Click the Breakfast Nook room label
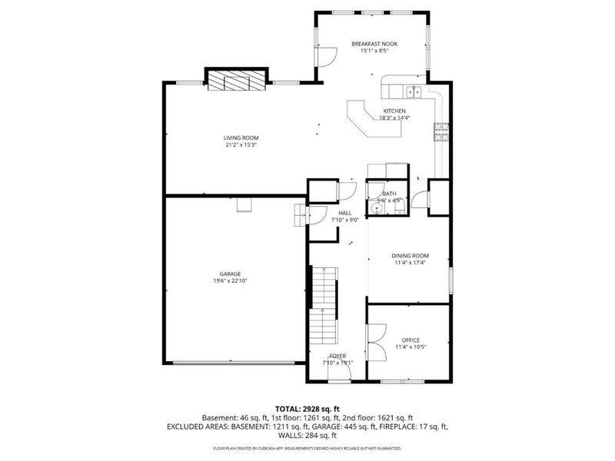pyautogui.click(x=372, y=45)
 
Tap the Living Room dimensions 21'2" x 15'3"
pyautogui.click(x=241, y=144)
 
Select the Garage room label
pyautogui.click(x=230, y=274)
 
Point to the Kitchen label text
pyautogui.click(x=394, y=111)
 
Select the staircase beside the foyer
pyautogui.click(x=324, y=307)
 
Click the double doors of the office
pyautogui.click(x=377, y=341)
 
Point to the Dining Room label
pyautogui.click(x=410, y=256)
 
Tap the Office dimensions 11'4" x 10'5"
pyautogui.click(x=411, y=347)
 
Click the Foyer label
pyautogui.click(x=337, y=357)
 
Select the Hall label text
pyautogui.click(x=345, y=213)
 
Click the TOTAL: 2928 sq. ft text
pyautogui.click(x=307, y=408)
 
